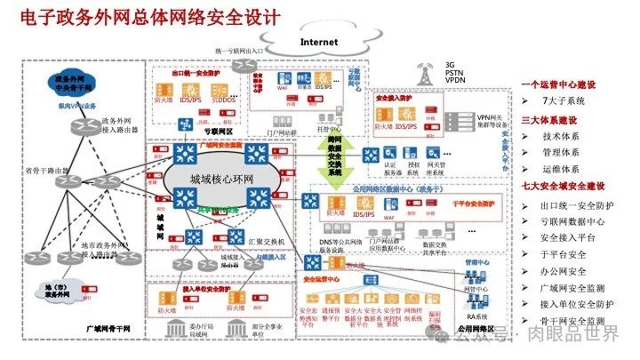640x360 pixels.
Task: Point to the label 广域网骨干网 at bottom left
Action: pos(105,329)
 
